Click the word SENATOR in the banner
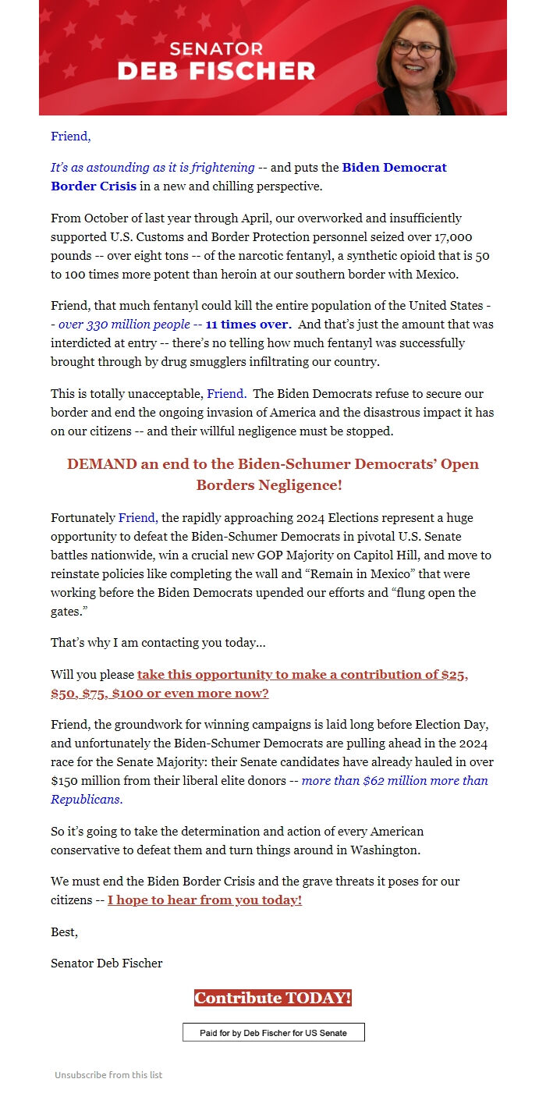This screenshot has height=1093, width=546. (216, 48)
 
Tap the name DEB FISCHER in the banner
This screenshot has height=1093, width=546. (216, 71)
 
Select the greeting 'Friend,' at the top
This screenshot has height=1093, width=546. (71, 137)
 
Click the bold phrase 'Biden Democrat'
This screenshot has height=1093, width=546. (395, 168)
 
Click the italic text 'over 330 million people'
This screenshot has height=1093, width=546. (124, 325)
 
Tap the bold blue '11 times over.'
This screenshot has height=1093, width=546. (248, 325)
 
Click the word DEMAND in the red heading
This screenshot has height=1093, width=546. (101, 464)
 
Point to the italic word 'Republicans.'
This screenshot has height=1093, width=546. (87, 800)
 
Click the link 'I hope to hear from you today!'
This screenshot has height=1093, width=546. (204, 900)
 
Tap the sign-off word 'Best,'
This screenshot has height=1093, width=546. (65, 932)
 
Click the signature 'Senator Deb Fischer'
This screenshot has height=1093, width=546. (107, 963)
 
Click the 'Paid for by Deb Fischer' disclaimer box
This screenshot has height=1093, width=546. (273, 1033)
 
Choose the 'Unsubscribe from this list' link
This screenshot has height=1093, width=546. (108, 1075)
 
